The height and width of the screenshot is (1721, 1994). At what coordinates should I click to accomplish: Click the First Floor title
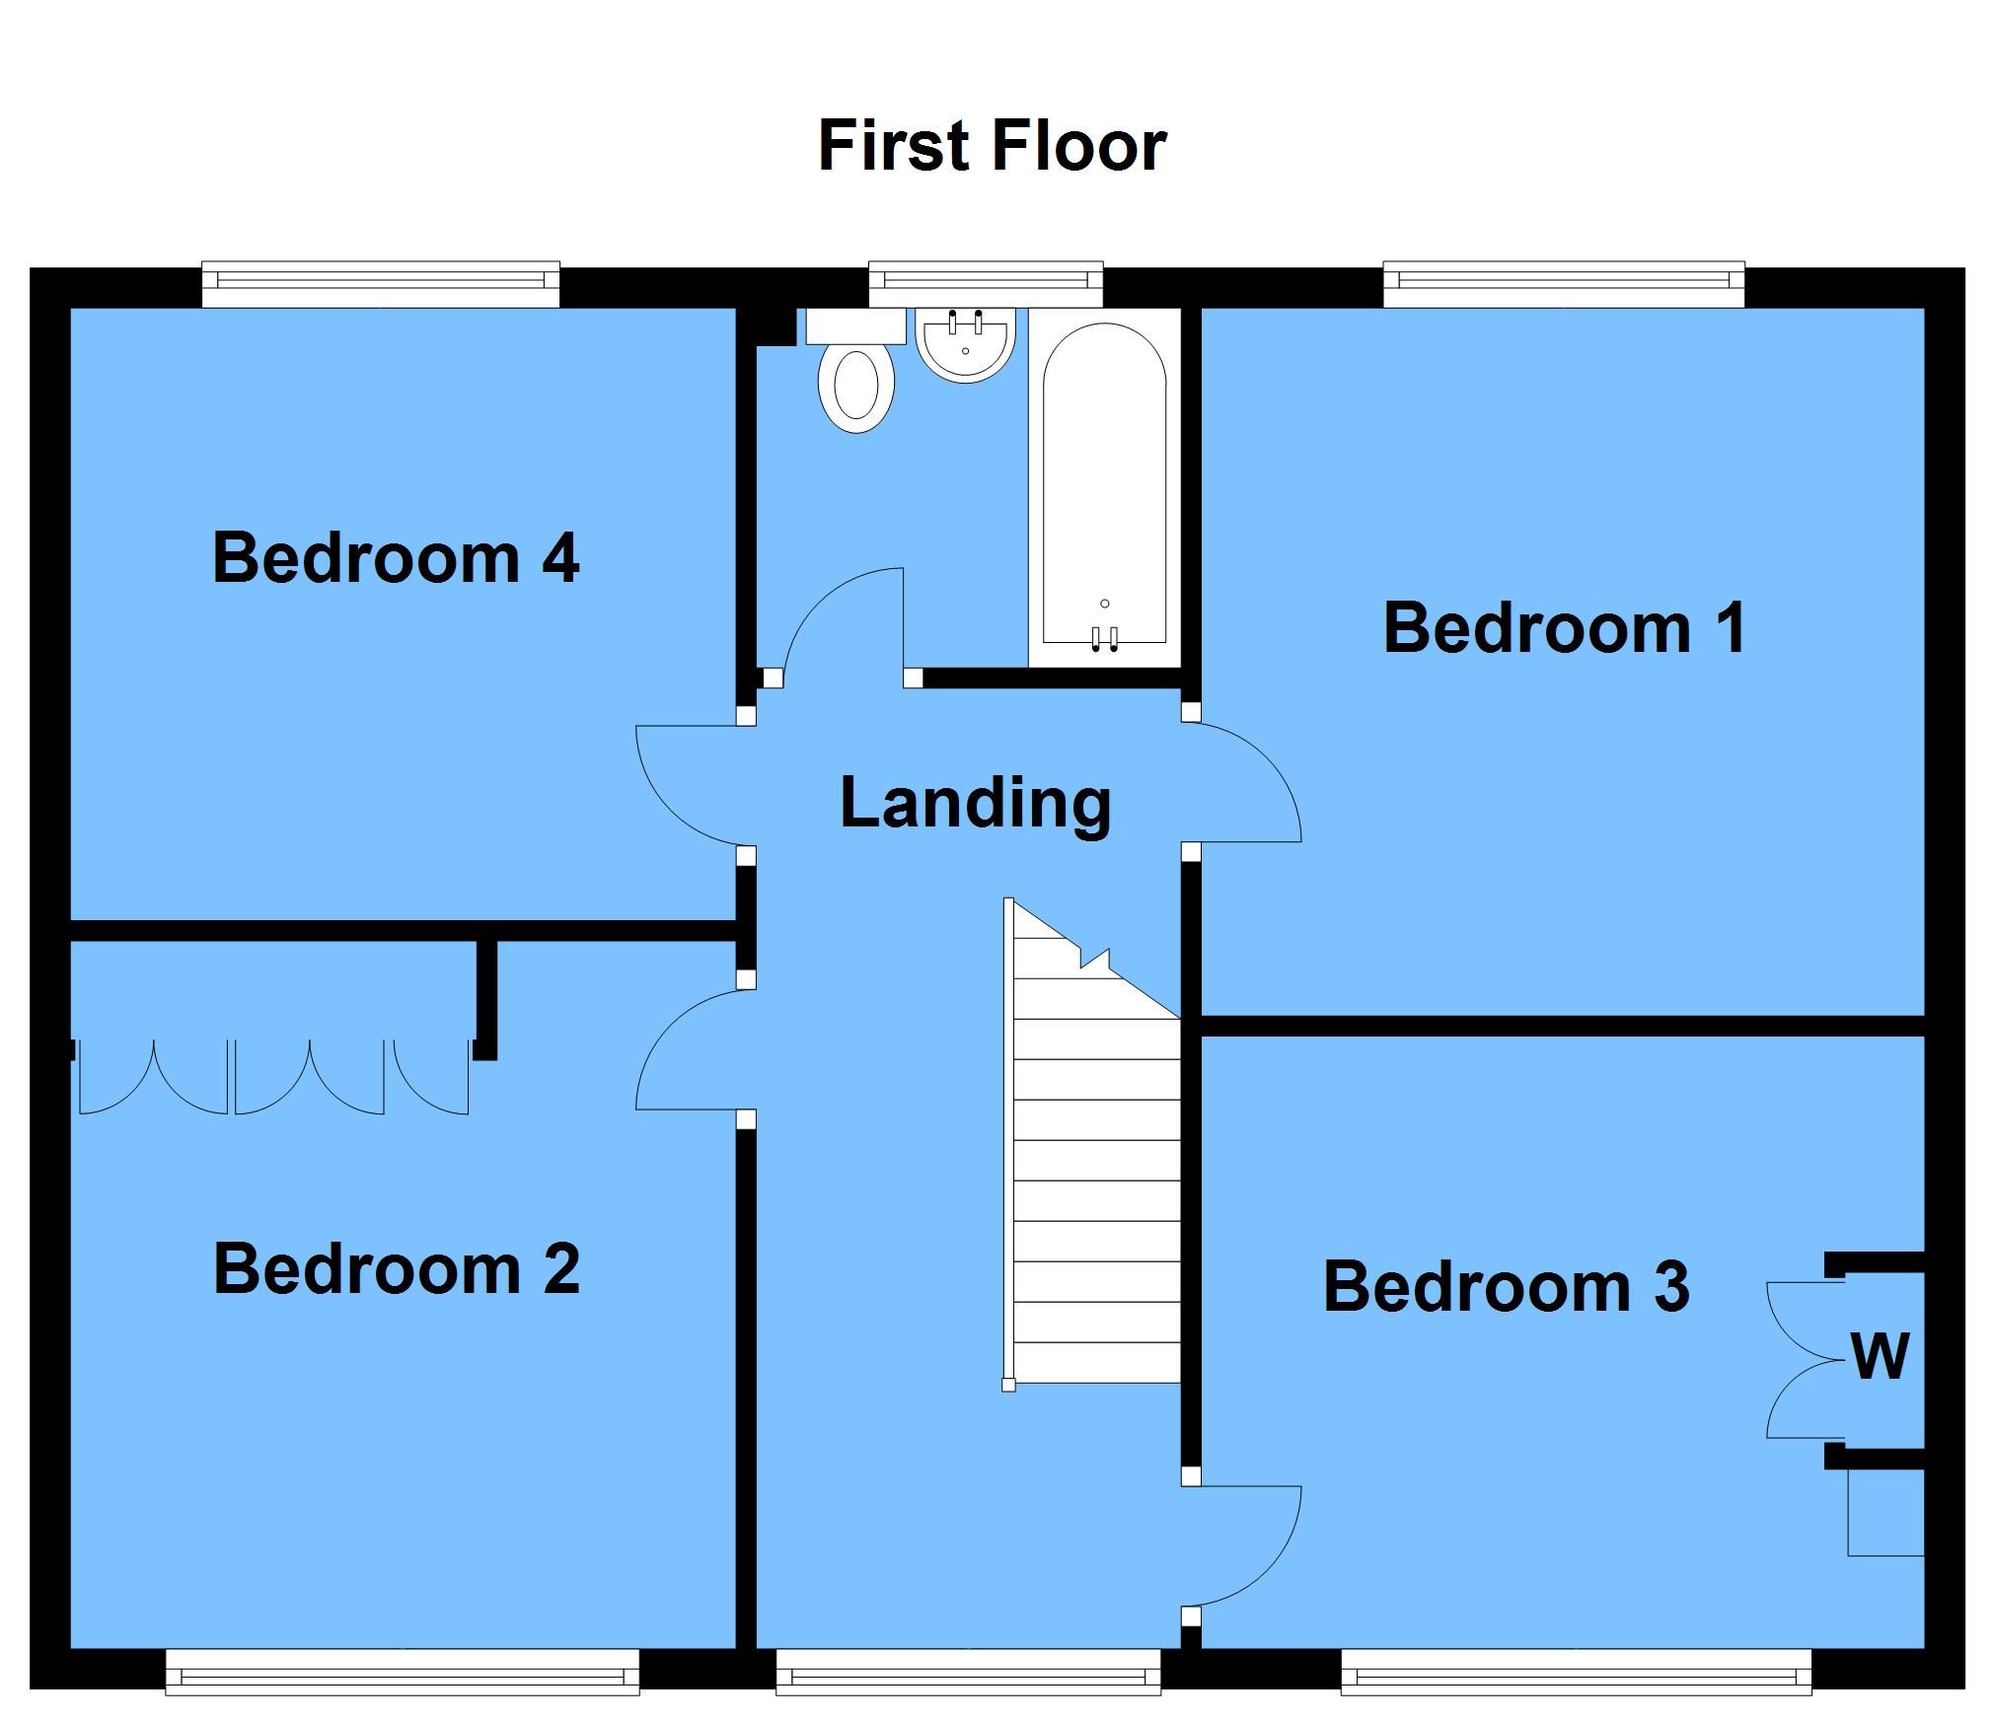993,147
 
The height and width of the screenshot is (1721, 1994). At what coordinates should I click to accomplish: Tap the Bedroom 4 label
396,558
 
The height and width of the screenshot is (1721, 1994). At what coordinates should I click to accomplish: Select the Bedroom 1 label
1565,628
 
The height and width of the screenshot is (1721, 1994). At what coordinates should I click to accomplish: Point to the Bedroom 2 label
397,1269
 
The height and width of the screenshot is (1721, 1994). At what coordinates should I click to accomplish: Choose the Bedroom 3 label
1507,1287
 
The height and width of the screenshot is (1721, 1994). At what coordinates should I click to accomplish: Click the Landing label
976,804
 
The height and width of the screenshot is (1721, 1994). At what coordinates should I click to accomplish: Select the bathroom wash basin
965,344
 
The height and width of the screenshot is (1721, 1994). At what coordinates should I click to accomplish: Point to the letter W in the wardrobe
1881,1356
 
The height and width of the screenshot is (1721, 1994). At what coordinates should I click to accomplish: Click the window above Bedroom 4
381,284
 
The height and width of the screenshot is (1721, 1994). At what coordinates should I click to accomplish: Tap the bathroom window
986,284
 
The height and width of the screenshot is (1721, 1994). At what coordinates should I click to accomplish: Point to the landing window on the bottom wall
969,1672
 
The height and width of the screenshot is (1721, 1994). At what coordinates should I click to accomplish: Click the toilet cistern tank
856,326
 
